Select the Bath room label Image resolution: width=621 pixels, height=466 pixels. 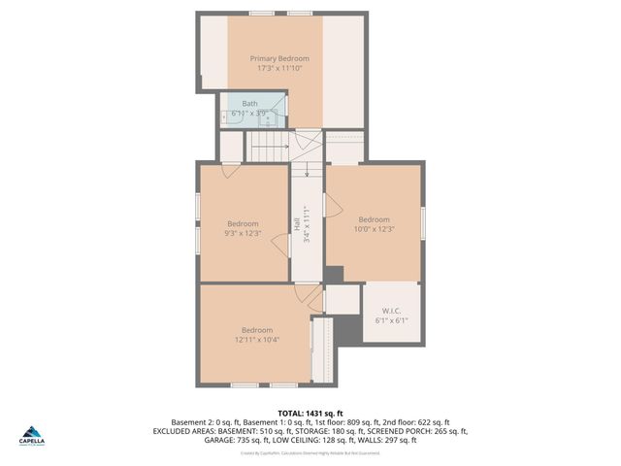(x=249, y=103)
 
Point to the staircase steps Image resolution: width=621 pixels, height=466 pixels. (x=267, y=147)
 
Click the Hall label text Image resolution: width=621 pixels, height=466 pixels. (x=296, y=223)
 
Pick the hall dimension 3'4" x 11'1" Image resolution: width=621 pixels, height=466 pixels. (x=307, y=224)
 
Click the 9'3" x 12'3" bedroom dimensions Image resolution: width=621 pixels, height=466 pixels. (x=243, y=233)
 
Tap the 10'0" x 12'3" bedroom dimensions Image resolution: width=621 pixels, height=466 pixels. (x=374, y=229)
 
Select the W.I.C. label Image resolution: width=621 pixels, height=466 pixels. (x=391, y=311)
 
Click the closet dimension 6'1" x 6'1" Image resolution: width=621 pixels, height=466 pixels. (x=391, y=320)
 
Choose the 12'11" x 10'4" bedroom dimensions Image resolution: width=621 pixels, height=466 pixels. (x=257, y=339)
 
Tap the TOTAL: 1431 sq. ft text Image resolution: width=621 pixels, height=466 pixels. (x=310, y=414)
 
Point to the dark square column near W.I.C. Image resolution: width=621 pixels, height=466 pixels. (x=334, y=275)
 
